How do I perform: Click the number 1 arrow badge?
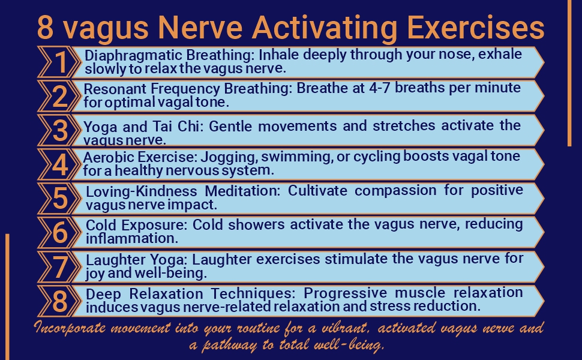(x=60, y=61)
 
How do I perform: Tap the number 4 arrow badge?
(x=60, y=164)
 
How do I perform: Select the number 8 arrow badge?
(x=60, y=301)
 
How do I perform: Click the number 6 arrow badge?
(x=60, y=232)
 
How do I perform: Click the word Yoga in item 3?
(x=98, y=126)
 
